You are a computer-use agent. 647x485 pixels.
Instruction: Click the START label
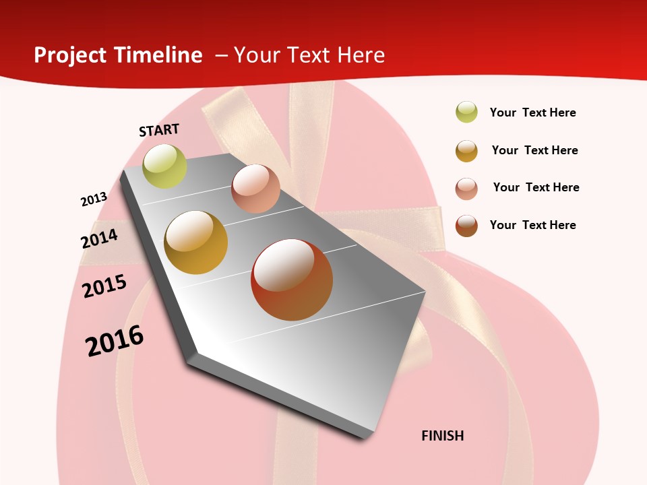[x=159, y=130]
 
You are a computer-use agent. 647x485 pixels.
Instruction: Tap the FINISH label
[x=442, y=436]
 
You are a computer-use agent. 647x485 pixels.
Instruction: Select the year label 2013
[x=94, y=199]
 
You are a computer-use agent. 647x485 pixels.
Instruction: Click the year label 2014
[x=99, y=238]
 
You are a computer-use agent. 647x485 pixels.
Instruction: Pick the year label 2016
[x=115, y=340]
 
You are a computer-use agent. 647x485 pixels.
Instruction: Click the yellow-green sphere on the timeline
[x=165, y=166]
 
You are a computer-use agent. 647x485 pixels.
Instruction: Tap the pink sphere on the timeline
[x=255, y=189]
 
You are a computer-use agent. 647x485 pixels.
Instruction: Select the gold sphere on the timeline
[x=196, y=243]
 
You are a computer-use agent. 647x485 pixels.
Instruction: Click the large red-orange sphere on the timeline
[x=292, y=280]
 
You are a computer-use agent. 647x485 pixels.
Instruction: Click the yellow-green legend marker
[x=466, y=112]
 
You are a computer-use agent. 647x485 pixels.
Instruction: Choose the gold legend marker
[x=466, y=151]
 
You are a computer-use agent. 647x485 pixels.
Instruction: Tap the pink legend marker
[x=466, y=189]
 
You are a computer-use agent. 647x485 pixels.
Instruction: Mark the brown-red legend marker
[x=466, y=226]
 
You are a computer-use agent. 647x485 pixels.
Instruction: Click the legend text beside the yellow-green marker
[x=532, y=112]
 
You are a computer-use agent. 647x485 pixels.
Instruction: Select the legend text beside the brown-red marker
[x=532, y=225]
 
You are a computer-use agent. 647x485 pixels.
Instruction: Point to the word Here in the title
[x=361, y=55]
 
